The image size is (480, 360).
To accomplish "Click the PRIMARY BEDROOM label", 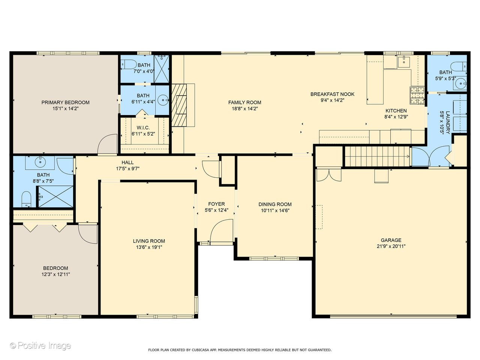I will tap(65, 102).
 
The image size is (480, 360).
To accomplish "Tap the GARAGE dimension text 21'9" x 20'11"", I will tap(391, 246).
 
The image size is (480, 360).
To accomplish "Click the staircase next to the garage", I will tap(376, 156).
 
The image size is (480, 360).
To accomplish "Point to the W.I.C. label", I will tap(143, 127).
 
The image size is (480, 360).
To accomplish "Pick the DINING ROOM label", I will tap(275, 204).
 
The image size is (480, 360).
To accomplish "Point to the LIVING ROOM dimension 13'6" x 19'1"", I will tap(149, 247).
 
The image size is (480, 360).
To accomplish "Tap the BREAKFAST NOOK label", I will tap(332, 94).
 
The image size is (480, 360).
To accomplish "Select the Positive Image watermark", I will tap(40, 345).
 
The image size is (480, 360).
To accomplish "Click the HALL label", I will tap(127, 162).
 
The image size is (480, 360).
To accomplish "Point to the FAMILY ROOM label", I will tap(244, 102).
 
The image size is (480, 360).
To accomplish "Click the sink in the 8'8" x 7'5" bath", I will tap(40, 163).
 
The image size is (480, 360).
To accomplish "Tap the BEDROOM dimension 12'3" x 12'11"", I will tap(55, 274).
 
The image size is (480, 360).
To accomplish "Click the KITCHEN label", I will tap(396, 111).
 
